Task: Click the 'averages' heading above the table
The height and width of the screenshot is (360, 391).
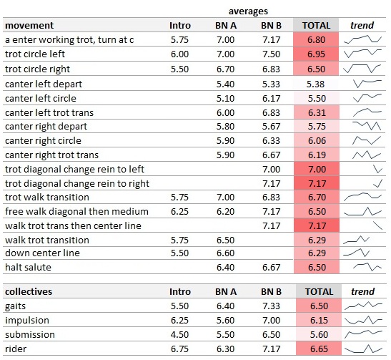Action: pyautogui.click(x=248, y=11)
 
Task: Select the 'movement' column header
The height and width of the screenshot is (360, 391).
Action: pyautogui.click(x=29, y=26)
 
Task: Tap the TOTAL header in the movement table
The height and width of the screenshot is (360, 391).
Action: pyautogui.click(x=316, y=26)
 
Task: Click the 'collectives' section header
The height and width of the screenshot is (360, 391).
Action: pyautogui.click(x=29, y=291)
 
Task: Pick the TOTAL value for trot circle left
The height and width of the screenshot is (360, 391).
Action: pyautogui.click(x=316, y=54)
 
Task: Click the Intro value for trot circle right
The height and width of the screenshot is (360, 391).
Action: pyautogui.click(x=179, y=69)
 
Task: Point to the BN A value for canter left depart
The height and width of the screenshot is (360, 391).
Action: pyautogui.click(x=225, y=84)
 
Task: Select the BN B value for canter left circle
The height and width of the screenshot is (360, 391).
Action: pyautogui.click(x=272, y=98)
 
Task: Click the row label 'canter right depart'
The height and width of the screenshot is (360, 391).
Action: pyautogui.click(x=46, y=127)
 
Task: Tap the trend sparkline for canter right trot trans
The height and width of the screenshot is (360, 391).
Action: pyautogui.click(x=367, y=155)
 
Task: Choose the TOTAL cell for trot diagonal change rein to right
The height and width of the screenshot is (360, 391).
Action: pyautogui.click(x=317, y=183)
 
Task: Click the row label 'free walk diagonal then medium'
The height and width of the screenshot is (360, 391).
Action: pyautogui.click(x=76, y=211)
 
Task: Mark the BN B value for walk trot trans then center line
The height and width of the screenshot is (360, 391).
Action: pyautogui.click(x=272, y=225)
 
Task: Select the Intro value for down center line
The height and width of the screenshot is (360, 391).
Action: pyautogui.click(x=179, y=253)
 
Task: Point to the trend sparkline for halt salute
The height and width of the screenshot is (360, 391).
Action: pyautogui.click(x=367, y=267)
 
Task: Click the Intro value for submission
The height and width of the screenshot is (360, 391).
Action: pyautogui.click(x=179, y=334)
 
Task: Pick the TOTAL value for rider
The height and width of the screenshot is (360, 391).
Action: pyautogui.click(x=319, y=349)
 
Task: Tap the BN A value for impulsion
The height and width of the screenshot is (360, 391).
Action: pyautogui.click(x=225, y=321)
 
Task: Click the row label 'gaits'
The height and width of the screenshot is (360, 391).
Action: pyautogui.click(x=15, y=306)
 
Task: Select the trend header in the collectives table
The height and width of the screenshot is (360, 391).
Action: pyautogui.click(x=363, y=291)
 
